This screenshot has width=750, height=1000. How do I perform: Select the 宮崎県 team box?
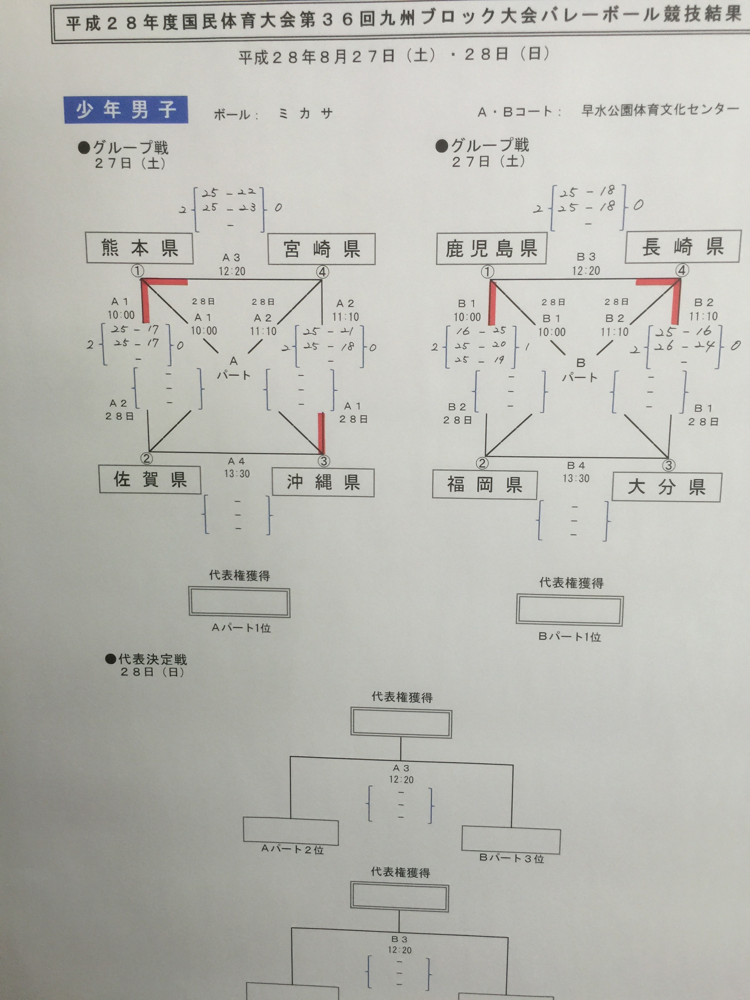(321, 249)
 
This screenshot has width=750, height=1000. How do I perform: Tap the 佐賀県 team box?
(150, 480)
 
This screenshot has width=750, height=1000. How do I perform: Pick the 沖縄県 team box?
(323, 482)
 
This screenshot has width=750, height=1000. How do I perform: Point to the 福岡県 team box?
(485, 485)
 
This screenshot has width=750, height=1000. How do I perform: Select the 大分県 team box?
(666, 487)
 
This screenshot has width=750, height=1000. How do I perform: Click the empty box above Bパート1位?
(570, 610)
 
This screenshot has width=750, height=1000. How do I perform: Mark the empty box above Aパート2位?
(291, 831)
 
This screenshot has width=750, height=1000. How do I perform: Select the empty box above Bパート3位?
(511, 839)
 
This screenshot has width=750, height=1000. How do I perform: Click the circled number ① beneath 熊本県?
(138, 271)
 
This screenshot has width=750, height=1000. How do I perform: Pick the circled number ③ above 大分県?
(668, 465)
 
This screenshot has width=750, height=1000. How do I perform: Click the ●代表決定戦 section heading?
(146, 659)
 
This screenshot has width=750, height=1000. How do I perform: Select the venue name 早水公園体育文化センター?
(660, 110)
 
